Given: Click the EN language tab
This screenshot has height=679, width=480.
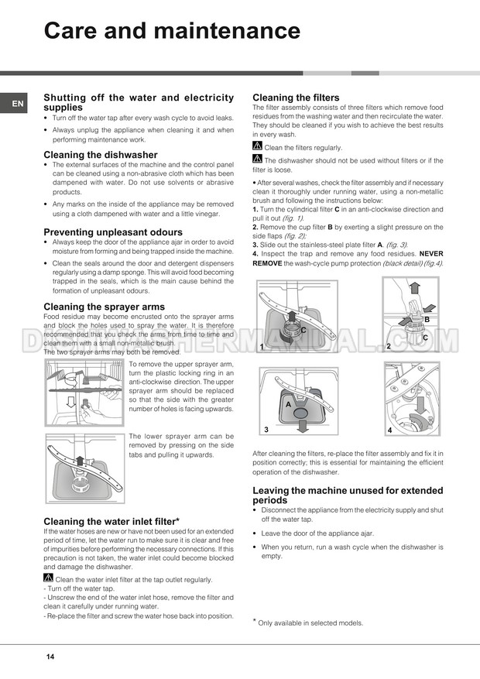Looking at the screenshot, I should point(17,103).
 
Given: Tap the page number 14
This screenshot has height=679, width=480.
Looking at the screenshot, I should point(50,657).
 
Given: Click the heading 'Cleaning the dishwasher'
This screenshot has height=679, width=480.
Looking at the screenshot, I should point(101,155).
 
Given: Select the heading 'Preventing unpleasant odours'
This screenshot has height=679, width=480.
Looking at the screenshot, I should point(113,231).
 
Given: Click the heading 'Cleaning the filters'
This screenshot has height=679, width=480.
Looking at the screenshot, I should point(297,98).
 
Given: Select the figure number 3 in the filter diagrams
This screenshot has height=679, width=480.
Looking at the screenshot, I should point(266,429).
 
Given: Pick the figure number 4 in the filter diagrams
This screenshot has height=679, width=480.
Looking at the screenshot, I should point(390,429).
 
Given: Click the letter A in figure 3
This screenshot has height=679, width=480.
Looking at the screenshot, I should point(288,404).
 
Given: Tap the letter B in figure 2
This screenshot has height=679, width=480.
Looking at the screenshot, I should point(426,319).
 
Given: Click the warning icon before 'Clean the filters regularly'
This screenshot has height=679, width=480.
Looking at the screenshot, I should point(258,146).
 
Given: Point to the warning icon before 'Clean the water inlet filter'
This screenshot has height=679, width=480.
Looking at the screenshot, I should point(49,578).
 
